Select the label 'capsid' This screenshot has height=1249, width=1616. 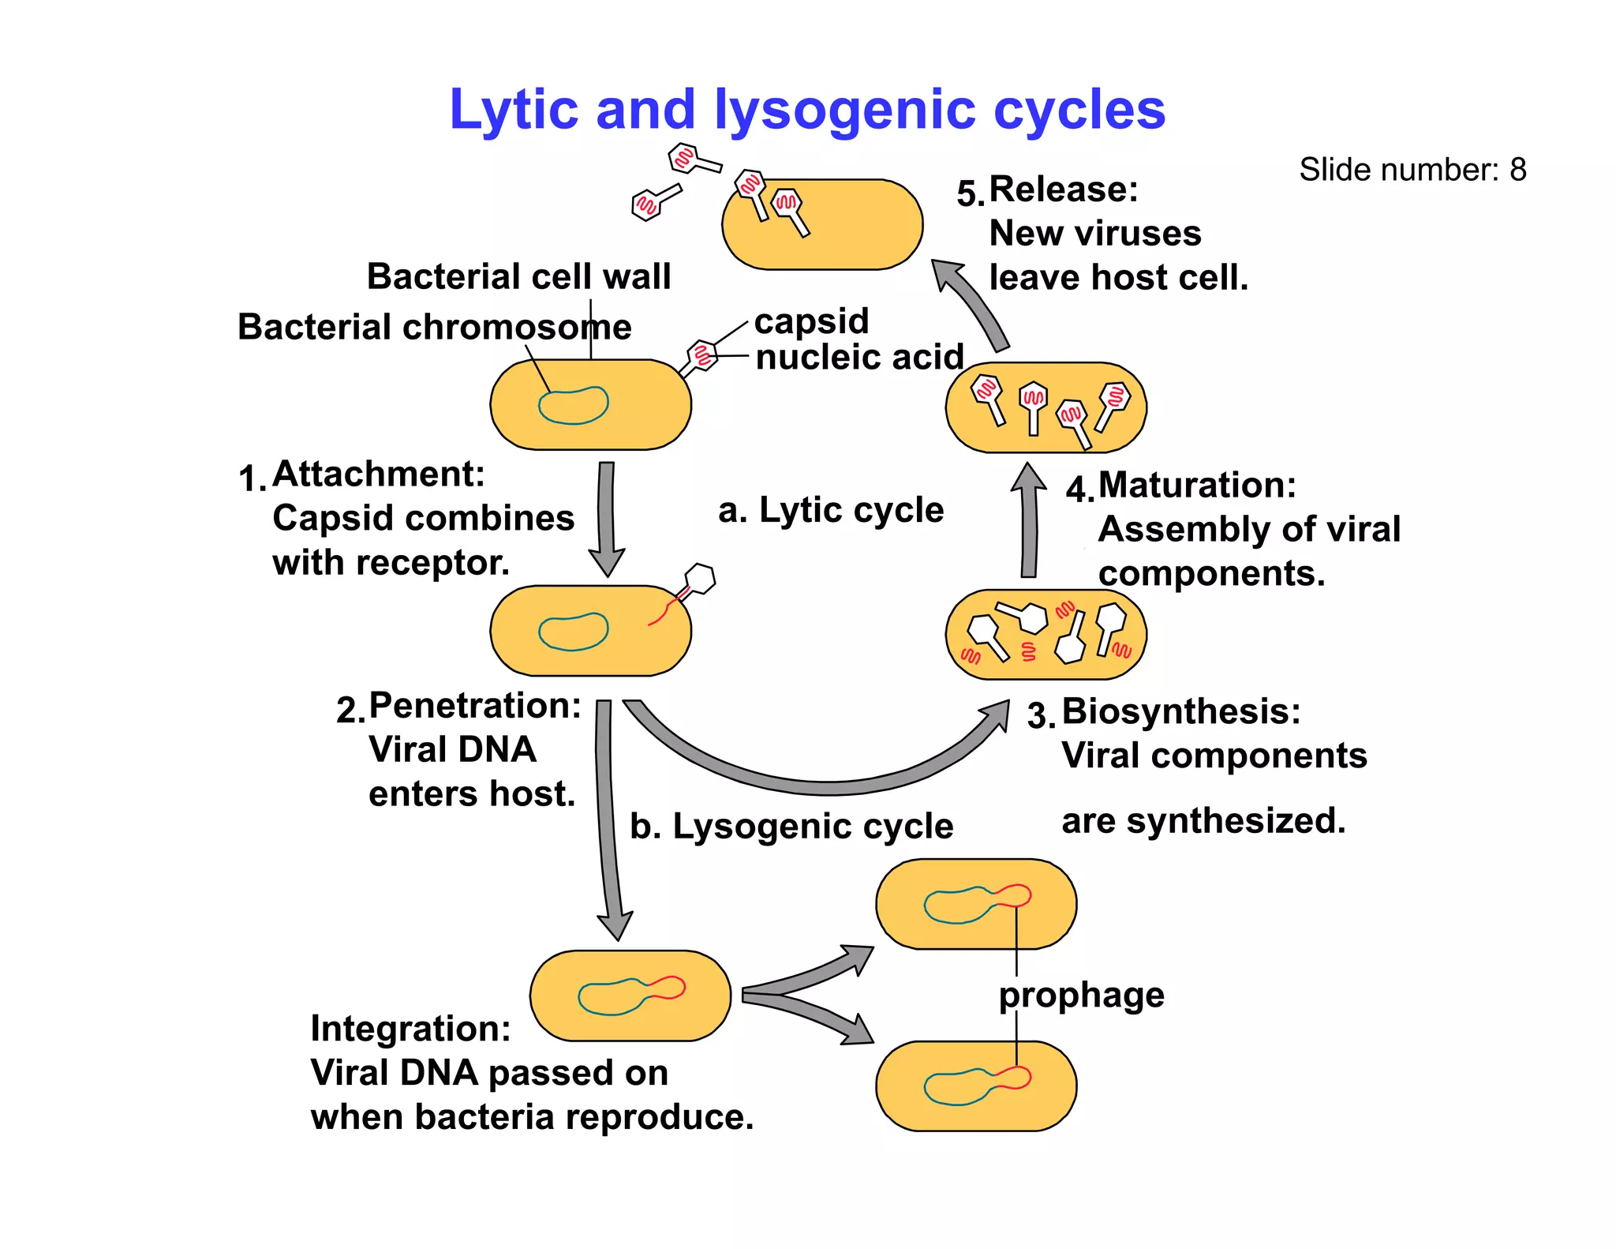pyautogui.click(x=811, y=321)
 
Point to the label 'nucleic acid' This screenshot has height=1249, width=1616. pyautogui.click(x=859, y=357)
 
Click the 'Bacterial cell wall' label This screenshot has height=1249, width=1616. pyautogui.click(x=518, y=276)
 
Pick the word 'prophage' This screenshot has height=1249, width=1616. pyautogui.click(x=1081, y=995)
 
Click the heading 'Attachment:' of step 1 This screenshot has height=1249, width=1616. pyautogui.click(x=379, y=474)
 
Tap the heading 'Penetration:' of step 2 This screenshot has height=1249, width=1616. pyautogui.click(x=475, y=705)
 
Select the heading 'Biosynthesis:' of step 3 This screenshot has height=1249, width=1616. pyautogui.click(x=1180, y=711)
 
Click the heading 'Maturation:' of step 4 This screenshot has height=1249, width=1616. pyautogui.click(x=1196, y=485)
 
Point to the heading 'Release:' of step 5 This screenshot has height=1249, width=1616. pyautogui.click(x=1063, y=189)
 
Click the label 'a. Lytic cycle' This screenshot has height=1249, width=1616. pyautogui.click(x=830, y=510)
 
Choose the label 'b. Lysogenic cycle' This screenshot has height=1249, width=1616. pyautogui.click(x=791, y=827)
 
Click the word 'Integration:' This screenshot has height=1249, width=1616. pyautogui.click(x=410, y=1029)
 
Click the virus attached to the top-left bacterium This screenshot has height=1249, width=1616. pyautogui.click(x=700, y=355)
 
